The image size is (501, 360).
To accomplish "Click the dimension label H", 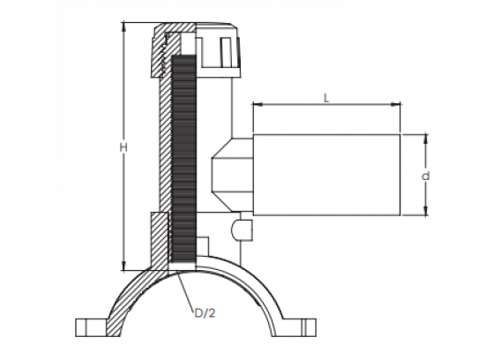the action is coord(123,147).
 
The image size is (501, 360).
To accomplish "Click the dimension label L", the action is coord(325,98).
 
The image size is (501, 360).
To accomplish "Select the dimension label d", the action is coord(426,176).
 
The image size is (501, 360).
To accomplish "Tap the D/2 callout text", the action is coord(205,313).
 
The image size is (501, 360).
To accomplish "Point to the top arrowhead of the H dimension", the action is coord(124,26).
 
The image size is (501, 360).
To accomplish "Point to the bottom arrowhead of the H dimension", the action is coord(124,266).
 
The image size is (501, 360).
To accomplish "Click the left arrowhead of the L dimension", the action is coord(257,104).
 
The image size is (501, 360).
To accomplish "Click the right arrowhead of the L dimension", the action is coord(396,104).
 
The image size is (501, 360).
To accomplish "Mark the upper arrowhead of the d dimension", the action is coord(426,139).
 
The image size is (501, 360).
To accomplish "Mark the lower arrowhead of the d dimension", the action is coord(426,212).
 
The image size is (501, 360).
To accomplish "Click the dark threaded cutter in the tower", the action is coord(183,158).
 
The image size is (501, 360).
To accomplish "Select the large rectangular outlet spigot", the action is coord(326,175).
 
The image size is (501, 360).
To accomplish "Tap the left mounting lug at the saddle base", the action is coord(91,327).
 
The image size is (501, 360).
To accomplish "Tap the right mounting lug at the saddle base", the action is coord(300,327).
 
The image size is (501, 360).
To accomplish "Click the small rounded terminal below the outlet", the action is coord(242,230).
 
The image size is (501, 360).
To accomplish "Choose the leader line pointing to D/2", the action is coord(186,290).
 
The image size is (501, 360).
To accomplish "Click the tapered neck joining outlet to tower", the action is coord(232,175).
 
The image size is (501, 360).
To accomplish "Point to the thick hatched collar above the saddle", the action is coord(159,240).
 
